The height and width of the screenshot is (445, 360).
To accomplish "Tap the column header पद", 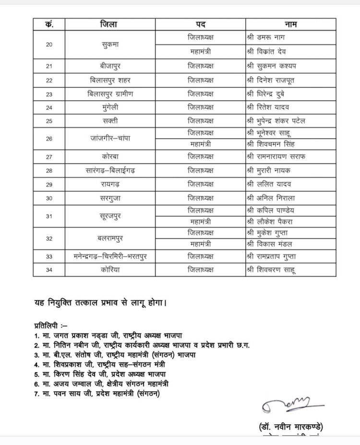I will (201, 24).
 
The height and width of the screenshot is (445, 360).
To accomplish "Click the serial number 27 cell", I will (49, 157).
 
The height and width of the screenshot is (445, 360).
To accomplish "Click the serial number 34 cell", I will (49, 270).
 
